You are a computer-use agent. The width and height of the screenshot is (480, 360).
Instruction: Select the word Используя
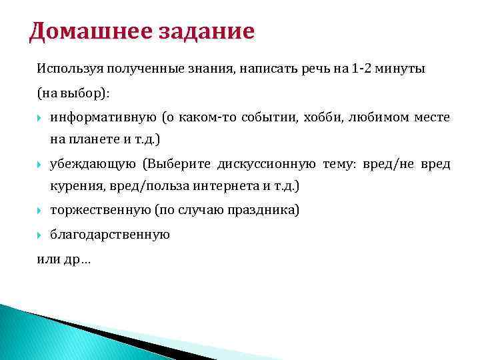(67, 69)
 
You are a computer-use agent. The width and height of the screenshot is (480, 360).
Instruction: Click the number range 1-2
(363, 69)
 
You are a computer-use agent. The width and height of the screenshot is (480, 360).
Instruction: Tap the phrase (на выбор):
(73, 93)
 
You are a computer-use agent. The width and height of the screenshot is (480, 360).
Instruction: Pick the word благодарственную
(110, 235)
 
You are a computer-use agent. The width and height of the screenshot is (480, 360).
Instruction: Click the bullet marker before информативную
(40, 118)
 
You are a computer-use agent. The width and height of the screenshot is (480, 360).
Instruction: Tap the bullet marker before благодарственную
(40, 235)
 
